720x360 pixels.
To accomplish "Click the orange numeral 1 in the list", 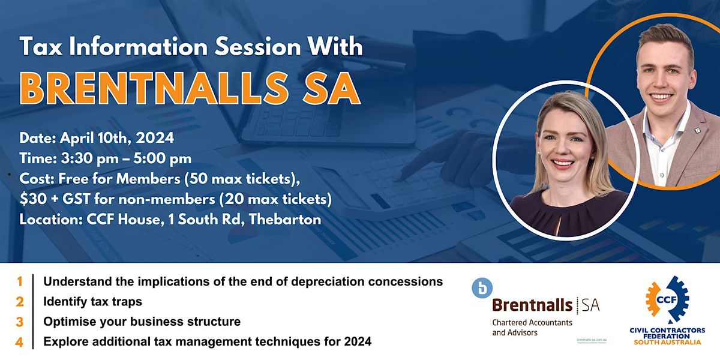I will tap(20, 281).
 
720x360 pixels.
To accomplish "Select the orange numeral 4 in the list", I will tap(20, 342).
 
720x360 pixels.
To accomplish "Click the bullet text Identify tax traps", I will tap(93, 301).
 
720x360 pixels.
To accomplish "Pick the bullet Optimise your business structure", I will tap(142, 322).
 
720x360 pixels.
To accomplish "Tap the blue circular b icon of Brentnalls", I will tap(481, 289).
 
